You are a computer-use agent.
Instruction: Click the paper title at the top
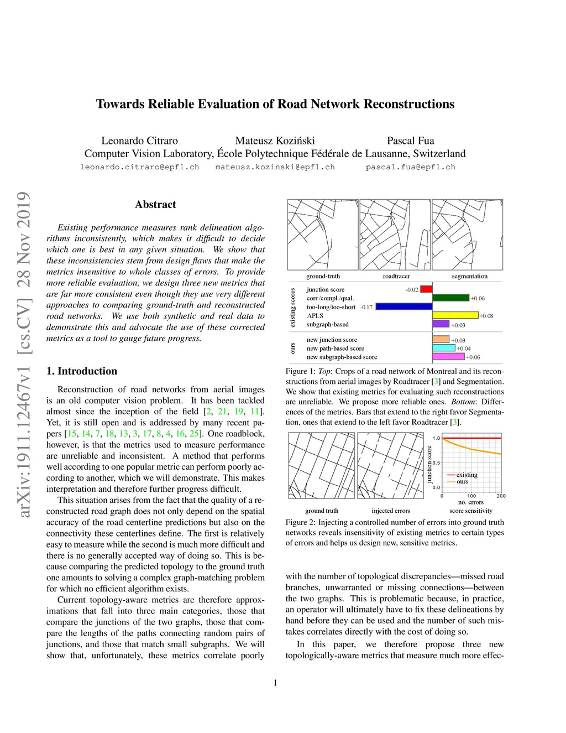pyautogui.click(x=275, y=104)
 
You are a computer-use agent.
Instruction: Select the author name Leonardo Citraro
pyautogui.click(x=139, y=141)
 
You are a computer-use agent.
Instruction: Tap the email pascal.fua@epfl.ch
pyautogui.click(x=410, y=167)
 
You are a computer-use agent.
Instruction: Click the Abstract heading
pyautogui.click(x=155, y=204)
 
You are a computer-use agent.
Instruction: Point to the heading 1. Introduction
pyautogui.click(x=82, y=371)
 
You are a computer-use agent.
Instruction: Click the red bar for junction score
pyautogui.click(x=426, y=289)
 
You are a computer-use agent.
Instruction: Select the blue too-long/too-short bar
pyautogui.click(x=404, y=306)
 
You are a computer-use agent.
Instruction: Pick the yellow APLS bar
pyautogui.click(x=455, y=315)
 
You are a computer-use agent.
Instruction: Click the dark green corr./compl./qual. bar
pyautogui.click(x=450, y=298)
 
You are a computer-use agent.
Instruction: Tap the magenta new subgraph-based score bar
pyautogui.click(x=448, y=357)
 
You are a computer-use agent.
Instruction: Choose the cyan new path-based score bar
pyautogui.click(x=444, y=349)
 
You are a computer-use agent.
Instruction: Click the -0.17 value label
pyautogui.click(x=366, y=307)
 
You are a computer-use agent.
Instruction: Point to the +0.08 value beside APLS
pyautogui.click(x=486, y=316)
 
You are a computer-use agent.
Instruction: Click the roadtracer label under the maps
pyautogui.click(x=396, y=276)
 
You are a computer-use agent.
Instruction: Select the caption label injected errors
pyautogui.click(x=391, y=511)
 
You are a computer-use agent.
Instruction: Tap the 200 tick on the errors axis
pyautogui.click(x=501, y=496)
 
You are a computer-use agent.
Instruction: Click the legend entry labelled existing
pyautogui.click(x=467, y=475)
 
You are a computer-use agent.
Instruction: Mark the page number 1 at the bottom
pyautogui.click(x=275, y=683)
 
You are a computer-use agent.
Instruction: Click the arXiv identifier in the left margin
pyautogui.click(x=23, y=354)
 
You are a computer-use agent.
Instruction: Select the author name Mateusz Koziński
pyautogui.click(x=275, y=141)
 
